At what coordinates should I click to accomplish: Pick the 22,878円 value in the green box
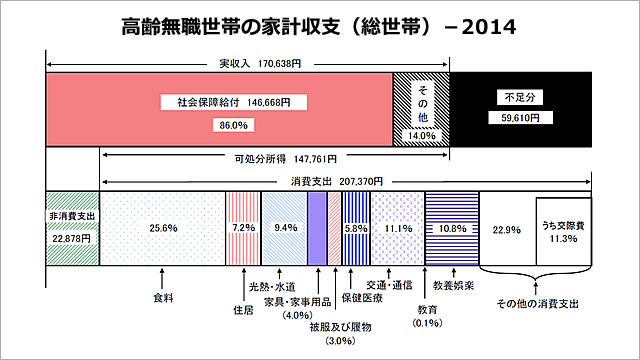pyautogui.click(x=72, y=239)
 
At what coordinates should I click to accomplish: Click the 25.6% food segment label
pyautogui.click(x=163, y=228)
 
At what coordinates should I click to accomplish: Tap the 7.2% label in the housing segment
pyautogui.click(x=245, y=228)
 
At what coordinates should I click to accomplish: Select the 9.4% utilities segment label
pyautogui.click(x=285, y=228)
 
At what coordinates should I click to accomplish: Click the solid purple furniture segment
pyautogui.click(x=316, y=227)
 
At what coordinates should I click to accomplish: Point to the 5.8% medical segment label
pyautogui.click(x=355, y=228)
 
